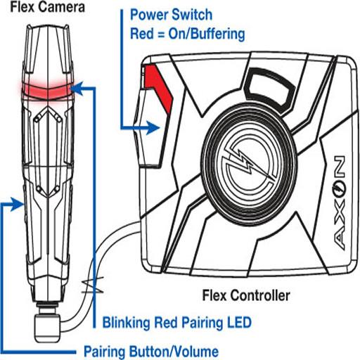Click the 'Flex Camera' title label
point(47,6)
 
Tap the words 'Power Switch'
point(171,15)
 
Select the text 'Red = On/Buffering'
point(188,34)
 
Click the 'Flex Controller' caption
point(246,295)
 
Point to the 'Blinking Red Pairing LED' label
point(177,322)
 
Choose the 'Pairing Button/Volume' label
point(151,352)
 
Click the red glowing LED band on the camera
point(48,91)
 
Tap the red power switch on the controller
point(157,87)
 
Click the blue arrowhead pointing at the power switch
point(153,128)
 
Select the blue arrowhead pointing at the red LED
point(77,89)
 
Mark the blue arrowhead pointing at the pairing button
point(18,204)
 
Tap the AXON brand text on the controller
point(339,203)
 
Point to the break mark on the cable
point(92,285)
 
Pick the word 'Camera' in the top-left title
point(62,6)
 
